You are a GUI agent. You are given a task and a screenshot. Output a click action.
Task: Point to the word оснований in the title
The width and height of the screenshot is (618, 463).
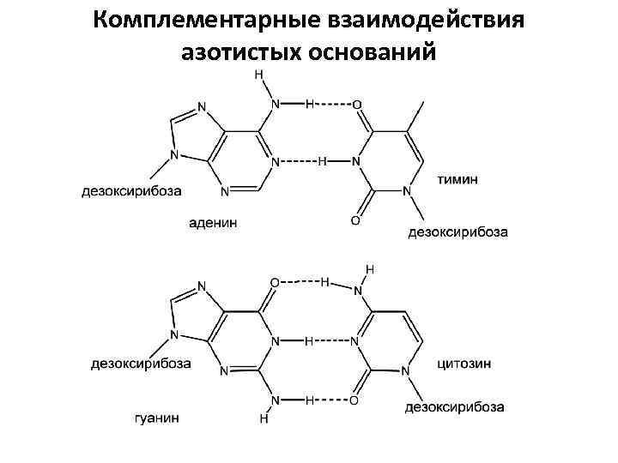(376, 52)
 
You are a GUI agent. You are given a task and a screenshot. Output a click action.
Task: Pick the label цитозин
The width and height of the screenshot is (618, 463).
(464, 363)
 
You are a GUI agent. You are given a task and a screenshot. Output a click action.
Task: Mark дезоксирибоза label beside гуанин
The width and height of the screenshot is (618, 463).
(141, 364)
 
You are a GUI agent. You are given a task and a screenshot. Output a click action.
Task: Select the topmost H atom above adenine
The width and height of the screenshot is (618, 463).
(259, 75)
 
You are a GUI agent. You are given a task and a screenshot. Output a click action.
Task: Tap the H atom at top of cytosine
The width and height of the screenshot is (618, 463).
(370, 269)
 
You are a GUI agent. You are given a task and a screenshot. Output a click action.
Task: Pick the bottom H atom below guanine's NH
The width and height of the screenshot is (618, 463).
(264, 421)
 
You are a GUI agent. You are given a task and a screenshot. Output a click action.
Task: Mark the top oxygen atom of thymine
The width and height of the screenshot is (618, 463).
(356, 105)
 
